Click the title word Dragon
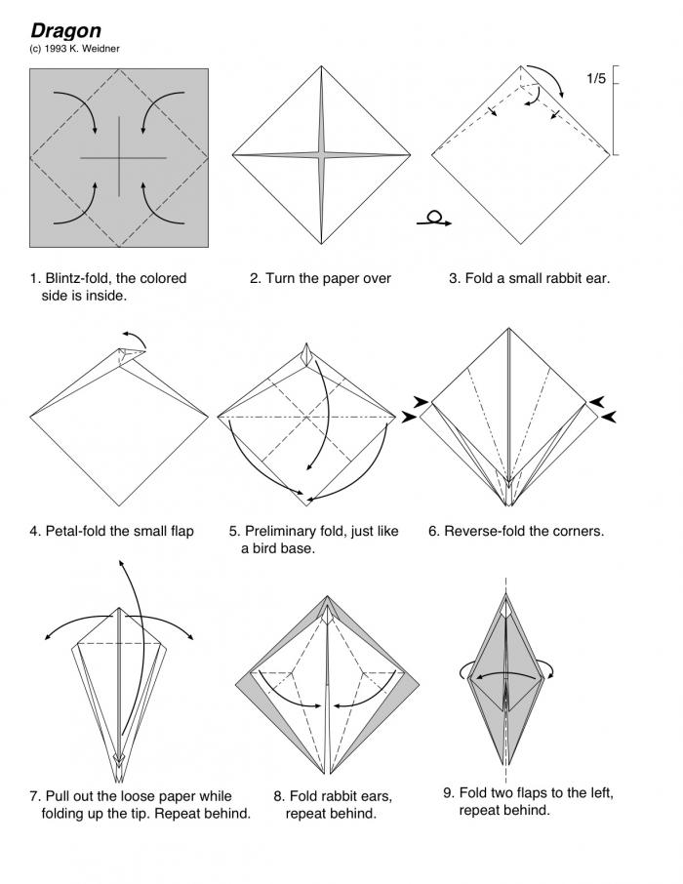coord(65,31)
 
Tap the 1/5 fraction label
coord(596,79)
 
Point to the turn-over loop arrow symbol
coord(434,220)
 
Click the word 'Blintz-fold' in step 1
coord(78,278)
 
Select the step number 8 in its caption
coord(278,795)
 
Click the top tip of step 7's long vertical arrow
coord(121,562)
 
